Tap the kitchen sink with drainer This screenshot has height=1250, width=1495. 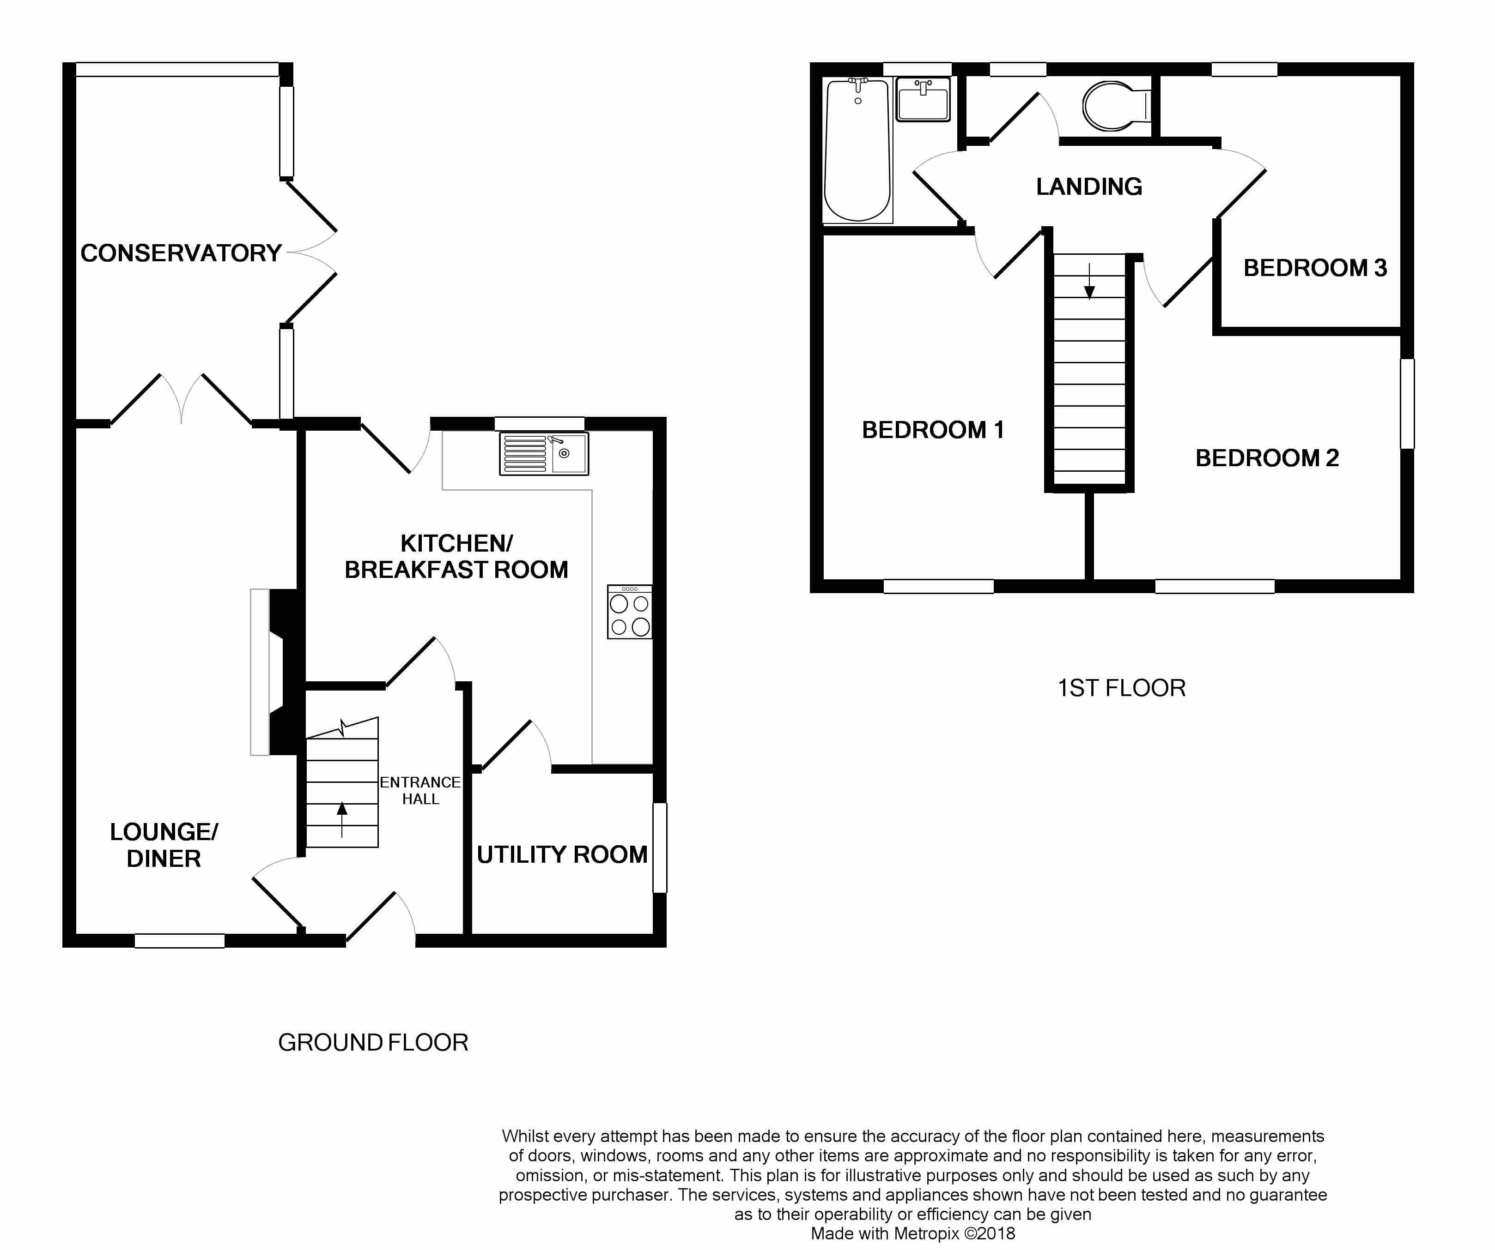544,454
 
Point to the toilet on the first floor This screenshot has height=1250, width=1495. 1116,107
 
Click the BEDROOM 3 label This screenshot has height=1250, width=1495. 1315,268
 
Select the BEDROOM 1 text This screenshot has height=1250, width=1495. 933,430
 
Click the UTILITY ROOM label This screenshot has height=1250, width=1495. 562,854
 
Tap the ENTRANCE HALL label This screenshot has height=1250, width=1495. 420,790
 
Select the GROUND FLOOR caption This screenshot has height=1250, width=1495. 373,1043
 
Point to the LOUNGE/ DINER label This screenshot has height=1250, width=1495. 164,845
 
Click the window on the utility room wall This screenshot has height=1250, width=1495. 660,847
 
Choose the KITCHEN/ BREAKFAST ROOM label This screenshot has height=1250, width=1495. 456,556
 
